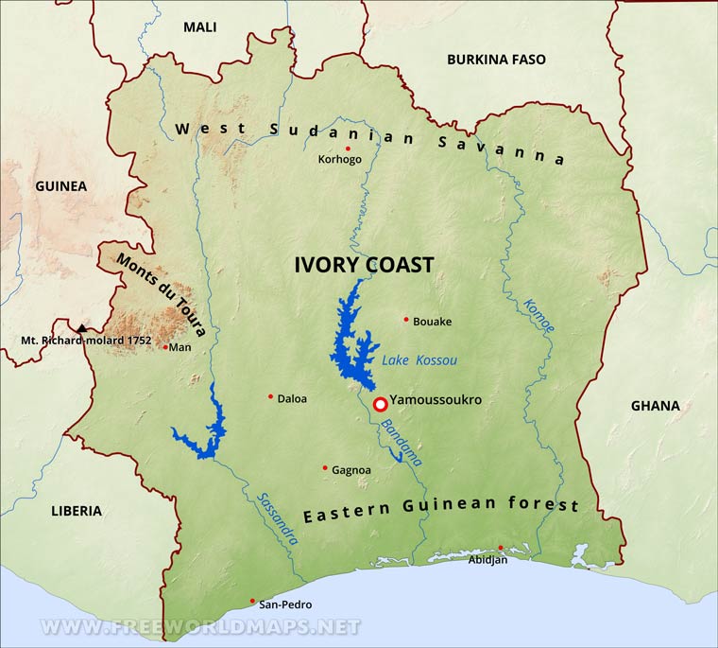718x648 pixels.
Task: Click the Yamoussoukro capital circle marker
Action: (x=380, y=405)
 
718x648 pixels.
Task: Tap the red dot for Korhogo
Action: (x=348, y=149)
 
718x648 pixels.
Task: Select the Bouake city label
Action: (x=432, y=322)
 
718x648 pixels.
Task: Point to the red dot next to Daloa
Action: (x=270, y=396)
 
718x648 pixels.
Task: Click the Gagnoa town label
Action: (x=351, y=470)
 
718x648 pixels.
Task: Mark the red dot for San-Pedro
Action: (x=252, y=601)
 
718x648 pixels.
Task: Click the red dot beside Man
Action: (x=165, y=347)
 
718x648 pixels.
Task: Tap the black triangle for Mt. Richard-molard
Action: (x=82, y=328)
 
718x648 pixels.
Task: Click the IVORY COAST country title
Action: (x=363, y=265)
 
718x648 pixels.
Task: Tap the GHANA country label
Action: (x=655, y=406)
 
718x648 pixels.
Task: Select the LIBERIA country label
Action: (x=77, y=511)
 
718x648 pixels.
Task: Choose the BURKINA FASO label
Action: (x=496, y=60)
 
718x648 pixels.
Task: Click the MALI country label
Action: (x=199, y=27)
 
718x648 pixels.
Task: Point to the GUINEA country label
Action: (x=60, y=186)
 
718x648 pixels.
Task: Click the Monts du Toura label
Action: (x=161, y=294)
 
